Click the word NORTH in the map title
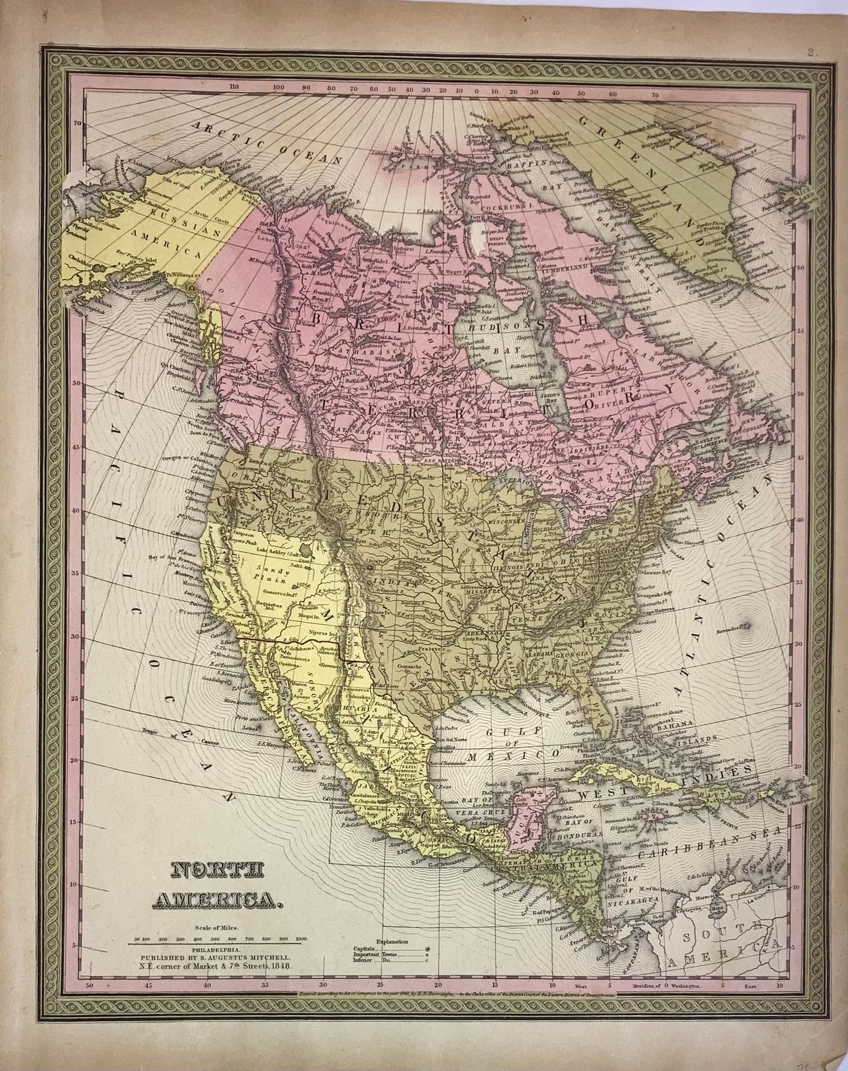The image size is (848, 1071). pyautogui.click(x=209, y=870)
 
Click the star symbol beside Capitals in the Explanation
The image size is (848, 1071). pyautogui.click(x=428, y=949)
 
